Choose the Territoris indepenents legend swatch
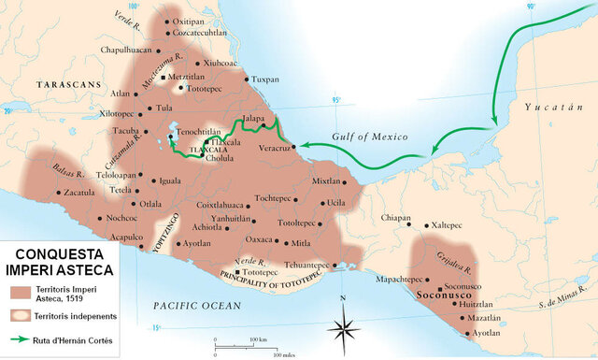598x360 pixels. pyautogui.click(x=23, y=317)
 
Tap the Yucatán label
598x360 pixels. pyautogui.click(x=552, y=108)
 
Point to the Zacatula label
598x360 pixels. pyautogui.click(x=79, y=193)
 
